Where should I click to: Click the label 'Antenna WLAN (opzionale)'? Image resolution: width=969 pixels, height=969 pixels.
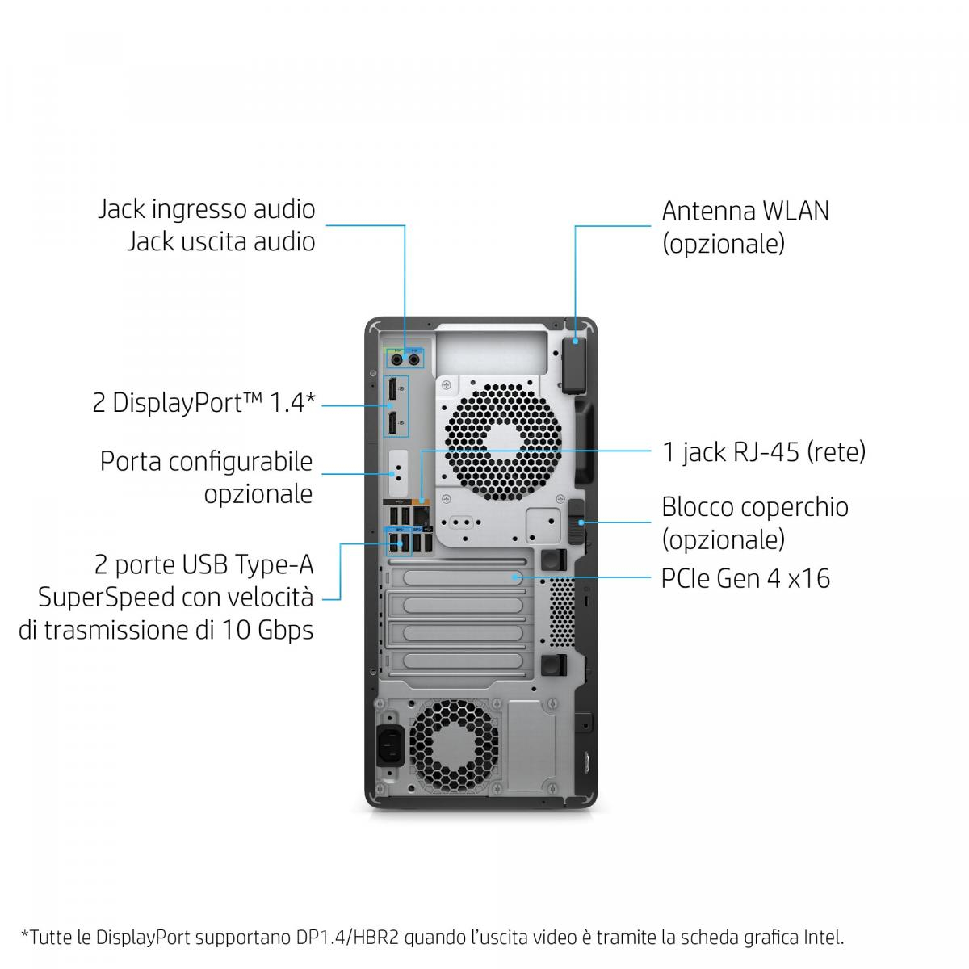(745, 227)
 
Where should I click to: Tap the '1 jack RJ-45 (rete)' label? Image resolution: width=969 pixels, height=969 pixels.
(764, 451)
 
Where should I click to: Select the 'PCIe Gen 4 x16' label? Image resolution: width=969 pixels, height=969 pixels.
(745, 578)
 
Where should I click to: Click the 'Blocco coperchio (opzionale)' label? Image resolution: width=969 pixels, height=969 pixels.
(754, 523)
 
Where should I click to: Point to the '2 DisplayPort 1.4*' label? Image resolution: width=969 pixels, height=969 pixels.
(203, 403)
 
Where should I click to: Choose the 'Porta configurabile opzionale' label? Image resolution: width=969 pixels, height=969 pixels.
(206, 477)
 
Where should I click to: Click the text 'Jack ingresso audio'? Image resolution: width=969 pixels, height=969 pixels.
(206, 209)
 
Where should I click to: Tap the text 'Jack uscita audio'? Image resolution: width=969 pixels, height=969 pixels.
(220, 241)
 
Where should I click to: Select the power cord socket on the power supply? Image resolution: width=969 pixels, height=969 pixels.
(390, 745)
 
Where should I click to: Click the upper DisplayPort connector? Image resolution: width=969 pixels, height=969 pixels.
(391, 390)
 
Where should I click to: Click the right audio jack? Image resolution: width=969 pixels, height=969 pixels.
(414, 359)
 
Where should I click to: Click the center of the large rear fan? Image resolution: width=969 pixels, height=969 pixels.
(503, 443)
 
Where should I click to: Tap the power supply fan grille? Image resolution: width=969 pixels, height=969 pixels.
(454, 746)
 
